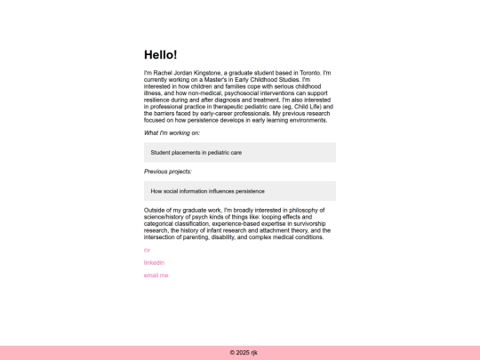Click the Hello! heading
pos(161,55)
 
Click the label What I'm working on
pos(172,132)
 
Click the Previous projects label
pos(168,172)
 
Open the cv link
pos(147,250)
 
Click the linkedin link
pos(154,263)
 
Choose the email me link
pos(156,276)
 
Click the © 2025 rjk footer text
pos(240,353)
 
